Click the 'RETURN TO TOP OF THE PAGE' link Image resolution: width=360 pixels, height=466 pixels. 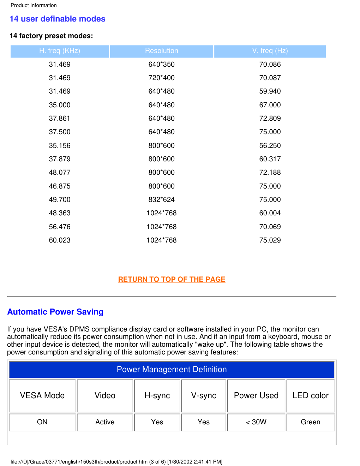coord(172,279)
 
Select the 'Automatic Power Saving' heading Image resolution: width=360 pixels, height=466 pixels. coord(55,312)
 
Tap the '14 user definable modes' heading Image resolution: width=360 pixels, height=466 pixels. coord(58,19)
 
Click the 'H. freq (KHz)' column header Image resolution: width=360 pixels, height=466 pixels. coord(60,51)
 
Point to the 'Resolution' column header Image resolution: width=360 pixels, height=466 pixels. coord(162,51)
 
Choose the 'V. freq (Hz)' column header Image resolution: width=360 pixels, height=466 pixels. coord(270,51)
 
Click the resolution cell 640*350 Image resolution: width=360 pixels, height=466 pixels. coord(162,65)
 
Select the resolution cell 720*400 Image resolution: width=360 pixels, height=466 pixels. coord(162,78)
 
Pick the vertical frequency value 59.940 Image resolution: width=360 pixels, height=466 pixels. coord(270,91)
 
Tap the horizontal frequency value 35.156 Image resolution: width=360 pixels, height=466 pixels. coord(60,146)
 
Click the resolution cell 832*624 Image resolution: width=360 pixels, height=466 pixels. coord(162,200)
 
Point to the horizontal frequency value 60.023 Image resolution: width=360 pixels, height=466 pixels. coord(60,240)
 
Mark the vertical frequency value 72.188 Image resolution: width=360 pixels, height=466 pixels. coord(270,173)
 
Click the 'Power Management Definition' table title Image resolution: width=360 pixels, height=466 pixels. coord(172,370)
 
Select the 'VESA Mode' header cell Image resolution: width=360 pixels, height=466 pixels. coord(42,396)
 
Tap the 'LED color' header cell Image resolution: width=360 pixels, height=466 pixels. coord(311,396)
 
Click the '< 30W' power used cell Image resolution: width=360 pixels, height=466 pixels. coord(256,422)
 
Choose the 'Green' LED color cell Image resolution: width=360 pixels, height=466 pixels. coord(311,422)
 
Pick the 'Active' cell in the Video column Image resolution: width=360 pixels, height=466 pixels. coord(105,422)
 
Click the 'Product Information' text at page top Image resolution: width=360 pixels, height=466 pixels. coord(34,5)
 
